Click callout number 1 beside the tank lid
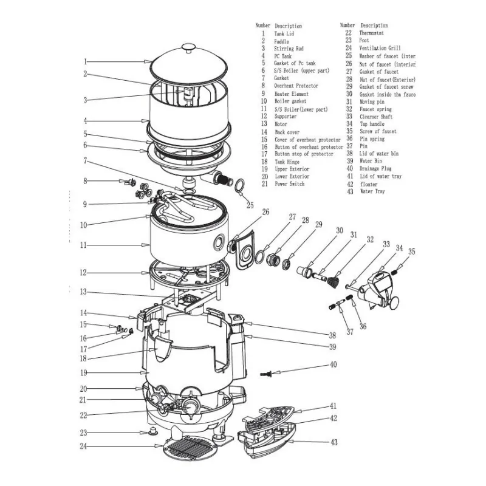[86, 61]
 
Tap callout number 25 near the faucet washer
[250, 205]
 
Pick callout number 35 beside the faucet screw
[411, 252]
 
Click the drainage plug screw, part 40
[265, 370]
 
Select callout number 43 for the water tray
[334, 442]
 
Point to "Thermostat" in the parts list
[372, 33]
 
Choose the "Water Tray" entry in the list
[372, 191]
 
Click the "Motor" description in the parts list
[281, 124]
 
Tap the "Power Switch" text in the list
[289, 184]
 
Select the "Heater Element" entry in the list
[291, 94]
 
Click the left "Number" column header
[262, 26]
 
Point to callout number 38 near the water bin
[332, 335]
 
